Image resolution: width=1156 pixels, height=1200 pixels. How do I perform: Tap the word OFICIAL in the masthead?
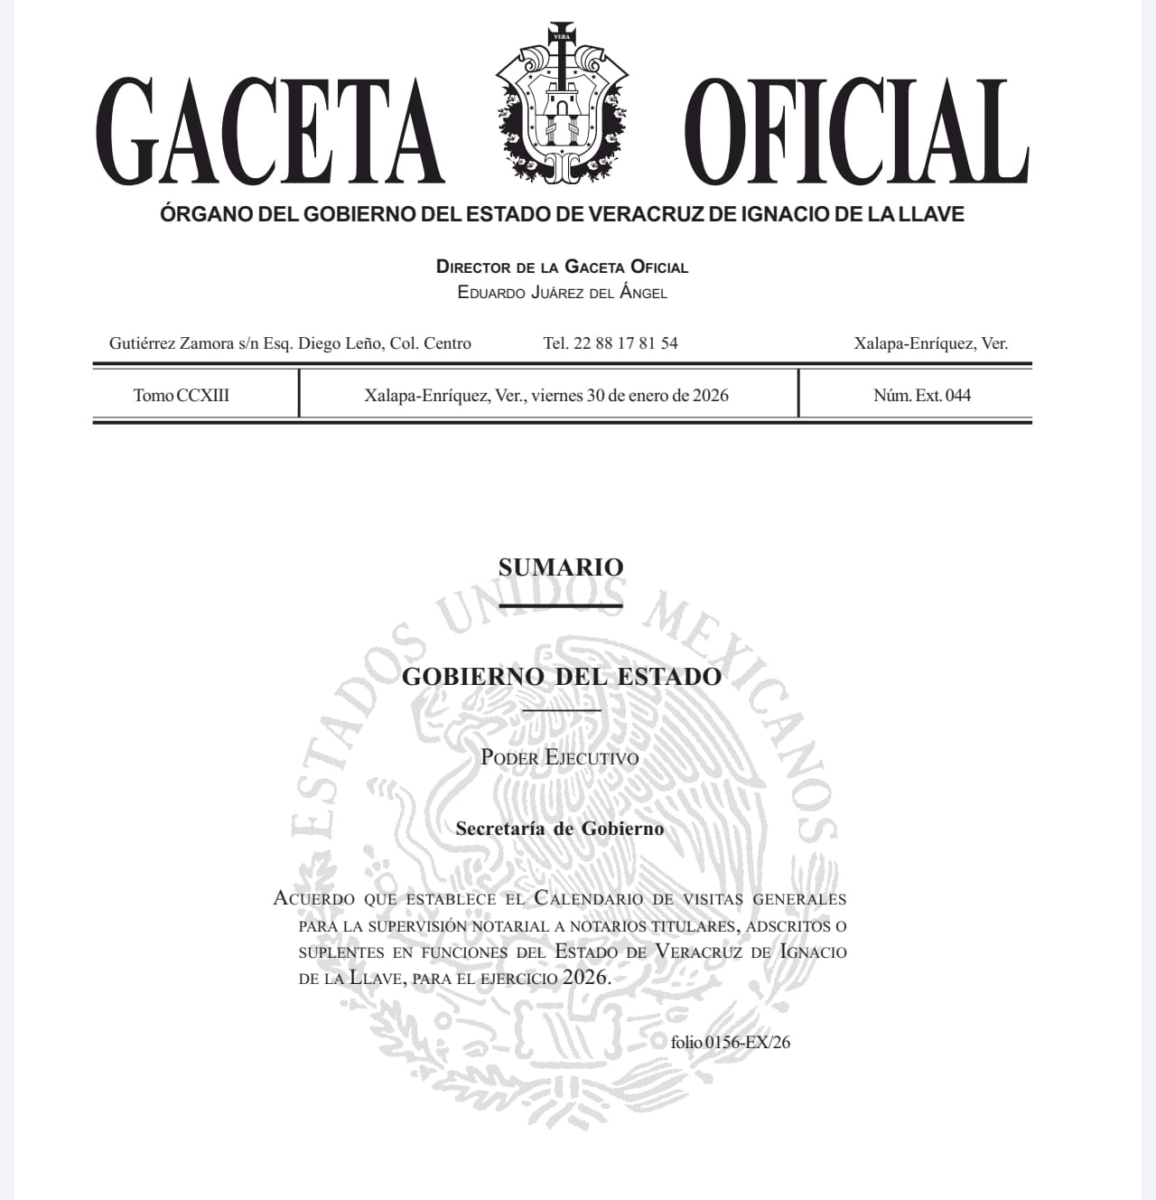(855, 131)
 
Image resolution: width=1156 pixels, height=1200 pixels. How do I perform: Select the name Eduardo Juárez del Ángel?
(562, 293)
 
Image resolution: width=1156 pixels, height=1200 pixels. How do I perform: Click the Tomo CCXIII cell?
(182, 395)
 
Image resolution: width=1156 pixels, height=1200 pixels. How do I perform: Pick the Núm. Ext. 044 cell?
(922, 395)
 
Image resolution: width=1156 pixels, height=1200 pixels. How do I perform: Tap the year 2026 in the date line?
(711, 395)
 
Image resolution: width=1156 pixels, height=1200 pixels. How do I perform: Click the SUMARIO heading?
(561, 567)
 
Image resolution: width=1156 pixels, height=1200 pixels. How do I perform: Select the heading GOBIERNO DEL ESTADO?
(561, 677)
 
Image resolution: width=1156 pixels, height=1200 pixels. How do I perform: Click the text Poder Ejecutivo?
(560, 757)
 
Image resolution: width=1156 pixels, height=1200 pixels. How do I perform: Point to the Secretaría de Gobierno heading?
(560, 829)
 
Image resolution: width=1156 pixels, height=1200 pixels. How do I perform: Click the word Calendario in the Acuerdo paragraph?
(589, 898)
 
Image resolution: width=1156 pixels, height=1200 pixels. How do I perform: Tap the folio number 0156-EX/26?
(748, 1042)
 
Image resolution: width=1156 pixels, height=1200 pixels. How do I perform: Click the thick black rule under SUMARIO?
(561, 605)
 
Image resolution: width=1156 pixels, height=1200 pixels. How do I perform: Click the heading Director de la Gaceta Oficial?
(562, 267)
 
